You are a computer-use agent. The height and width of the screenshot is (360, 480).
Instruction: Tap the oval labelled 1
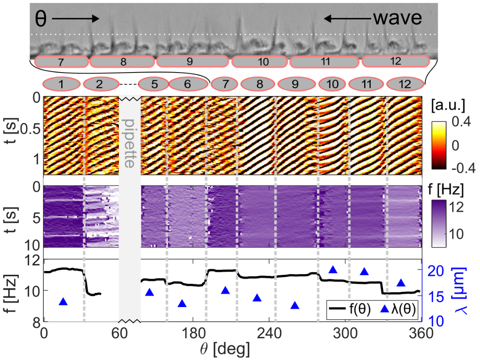pos(62,83)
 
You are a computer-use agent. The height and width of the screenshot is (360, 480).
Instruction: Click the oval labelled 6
pos(187,83)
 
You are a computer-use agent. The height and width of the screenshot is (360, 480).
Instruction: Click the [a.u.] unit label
pos(452,106)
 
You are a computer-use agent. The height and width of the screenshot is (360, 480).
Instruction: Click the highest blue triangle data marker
pos(333,270)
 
